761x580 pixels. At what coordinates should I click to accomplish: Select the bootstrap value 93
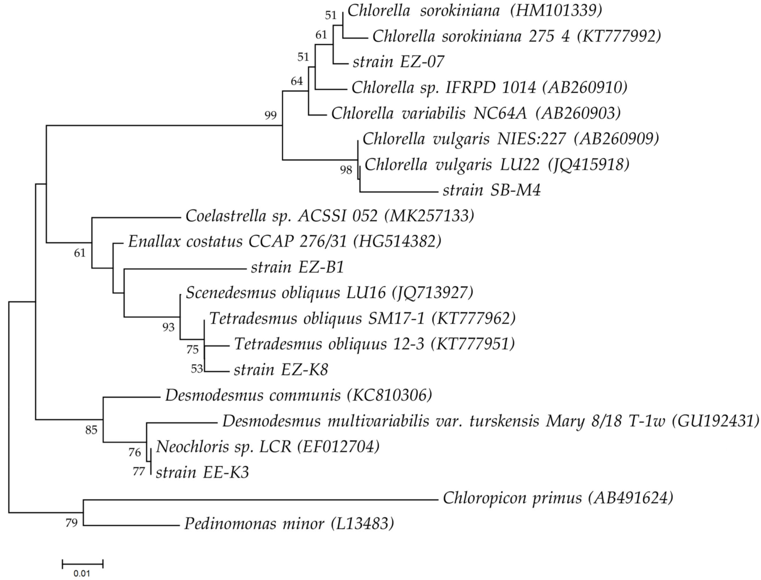point(168,327)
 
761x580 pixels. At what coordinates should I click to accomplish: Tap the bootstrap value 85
point(91,430)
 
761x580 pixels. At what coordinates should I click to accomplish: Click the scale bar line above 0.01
point(82,565)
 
